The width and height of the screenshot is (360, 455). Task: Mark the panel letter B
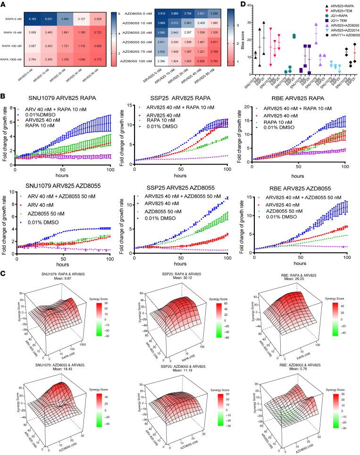(3, 96)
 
